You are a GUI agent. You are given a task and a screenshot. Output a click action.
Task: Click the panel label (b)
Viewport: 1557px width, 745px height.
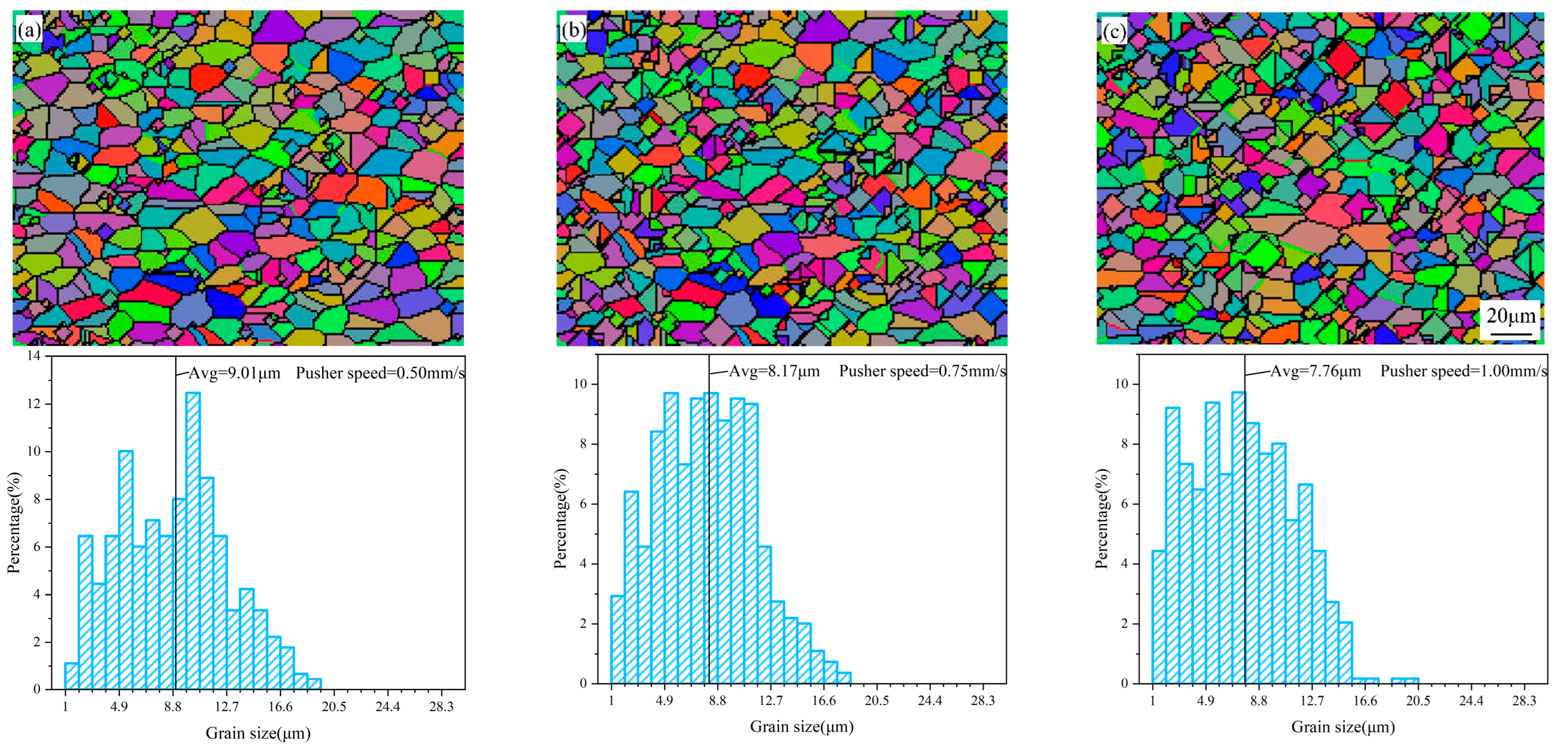[572, 29]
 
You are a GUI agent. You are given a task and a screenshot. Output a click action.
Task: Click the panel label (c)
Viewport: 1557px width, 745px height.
[1114, 31]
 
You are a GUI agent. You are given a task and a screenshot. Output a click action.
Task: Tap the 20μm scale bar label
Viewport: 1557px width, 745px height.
[1510, 315]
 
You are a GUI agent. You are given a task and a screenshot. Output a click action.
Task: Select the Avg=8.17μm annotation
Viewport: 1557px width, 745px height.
[774, 371]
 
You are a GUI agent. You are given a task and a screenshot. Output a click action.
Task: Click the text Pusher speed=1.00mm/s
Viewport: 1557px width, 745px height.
[1463, 371]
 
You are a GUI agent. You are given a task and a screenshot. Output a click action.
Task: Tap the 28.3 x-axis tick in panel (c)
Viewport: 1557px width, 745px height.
[1524, 701]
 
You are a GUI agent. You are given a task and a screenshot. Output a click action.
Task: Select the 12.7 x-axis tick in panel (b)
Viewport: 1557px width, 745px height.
[771, 701]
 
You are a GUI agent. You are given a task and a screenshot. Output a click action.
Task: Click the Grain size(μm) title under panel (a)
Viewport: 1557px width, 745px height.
[258, 733]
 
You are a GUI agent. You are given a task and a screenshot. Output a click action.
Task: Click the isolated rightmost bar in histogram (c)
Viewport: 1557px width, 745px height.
[1405, 681]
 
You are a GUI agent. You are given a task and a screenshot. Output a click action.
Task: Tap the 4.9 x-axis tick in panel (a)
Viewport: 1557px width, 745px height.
[119, 707]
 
